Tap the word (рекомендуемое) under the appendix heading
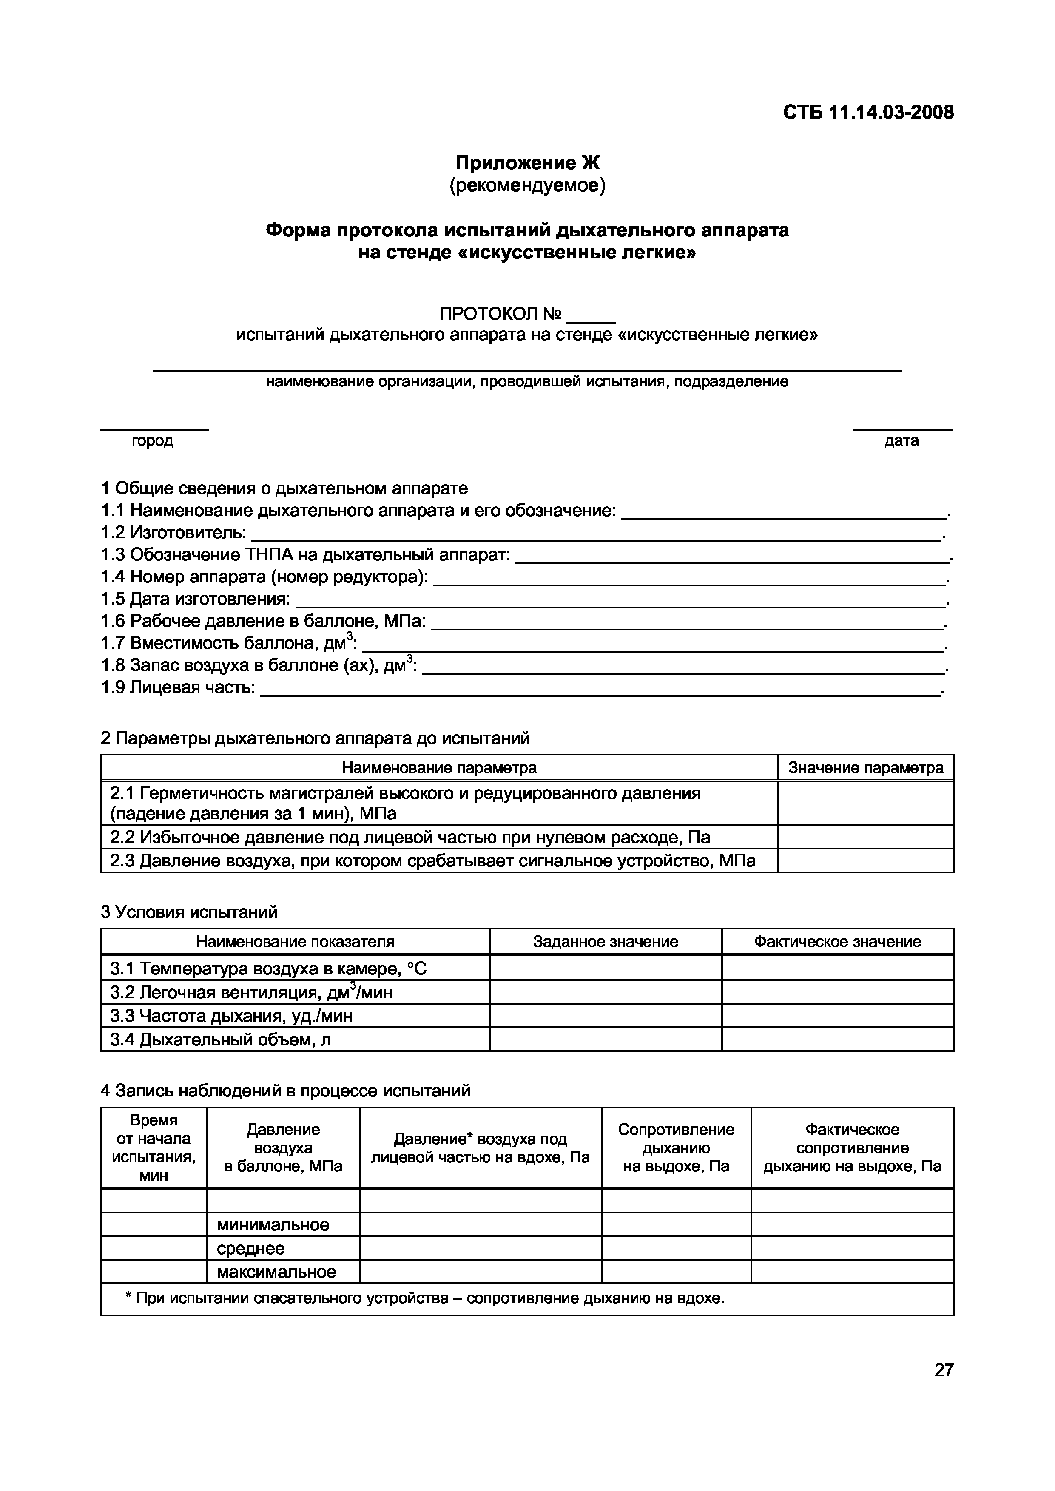coord(527,186)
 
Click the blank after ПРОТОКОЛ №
coord(591,317)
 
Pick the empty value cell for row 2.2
coord(865,837)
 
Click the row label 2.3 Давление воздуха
coord(432,861)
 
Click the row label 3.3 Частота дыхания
coord(231,1016)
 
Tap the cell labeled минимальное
coord(273,1225)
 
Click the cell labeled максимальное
coord(277,1272)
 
